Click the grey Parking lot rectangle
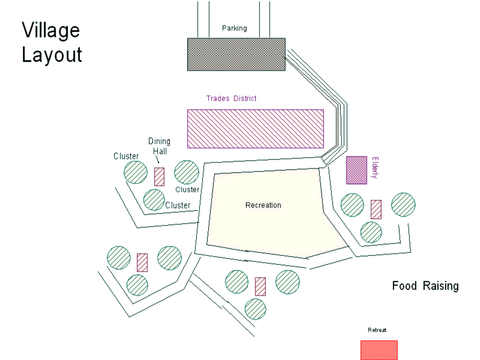tap(236, 55)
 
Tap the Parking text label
tap(234, 28)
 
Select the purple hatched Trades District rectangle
tap(256, 128)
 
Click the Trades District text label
tap(231, 98)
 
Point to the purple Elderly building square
tap(356, 170)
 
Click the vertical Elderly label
tap(376, 168)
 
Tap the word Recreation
tap(263, 205)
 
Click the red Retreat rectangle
tap(379, 350)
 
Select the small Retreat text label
tap(377, 330)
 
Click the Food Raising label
tap(425, 286)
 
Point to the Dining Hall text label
tap(160, 146)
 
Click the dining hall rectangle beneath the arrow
tap(160, 176)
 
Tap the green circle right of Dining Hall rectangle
tap(187, 172)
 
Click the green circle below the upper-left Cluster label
tap(136, 172)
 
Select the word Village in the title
tap(50, 30)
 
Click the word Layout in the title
tap(52, 55)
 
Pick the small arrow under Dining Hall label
tap(157, 161)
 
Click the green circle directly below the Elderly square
tap(352, 205)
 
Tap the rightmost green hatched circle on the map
tap(403, 204)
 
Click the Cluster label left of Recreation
tap(178, 205)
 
